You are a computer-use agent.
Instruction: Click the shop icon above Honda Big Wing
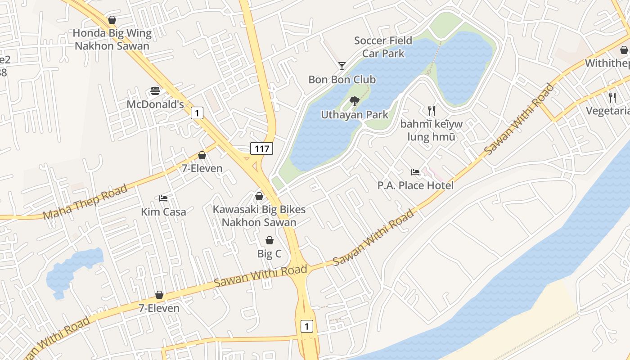(x=112, y=20)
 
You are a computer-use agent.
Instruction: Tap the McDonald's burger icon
(x=155, y=91)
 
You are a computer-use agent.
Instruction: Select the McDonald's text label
(x=155, y=104)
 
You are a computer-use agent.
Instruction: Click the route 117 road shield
(x=261, y=148)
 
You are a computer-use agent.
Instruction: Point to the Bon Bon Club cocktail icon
(x=342, y=66)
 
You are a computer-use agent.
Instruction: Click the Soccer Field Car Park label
(x=383, y=47)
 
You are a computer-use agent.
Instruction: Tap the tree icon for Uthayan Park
(x=355, y=101)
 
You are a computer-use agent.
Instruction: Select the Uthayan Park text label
(x=355, y=115)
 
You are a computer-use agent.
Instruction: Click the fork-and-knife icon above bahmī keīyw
(x=432, y=110)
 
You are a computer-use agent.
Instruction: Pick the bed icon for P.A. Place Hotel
(x=415, y=172)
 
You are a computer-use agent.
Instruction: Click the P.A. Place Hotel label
(x=415, y=185)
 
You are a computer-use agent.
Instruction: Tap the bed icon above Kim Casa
(x=163, y=198)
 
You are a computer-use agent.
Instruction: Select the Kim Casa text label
(x=163, y=211)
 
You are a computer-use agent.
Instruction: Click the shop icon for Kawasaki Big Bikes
(x=259, y=196)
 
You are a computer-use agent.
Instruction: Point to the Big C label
(x=269, y=254)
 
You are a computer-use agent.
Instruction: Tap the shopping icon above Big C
(x=270, y=240)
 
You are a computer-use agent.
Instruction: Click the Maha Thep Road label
(x=85, y=202)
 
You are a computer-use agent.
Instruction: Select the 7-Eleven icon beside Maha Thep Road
(x=202, y=155)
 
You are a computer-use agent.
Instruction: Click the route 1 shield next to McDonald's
(x=197, y=112)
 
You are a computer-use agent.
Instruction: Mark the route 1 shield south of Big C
(x=306, y=326)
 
